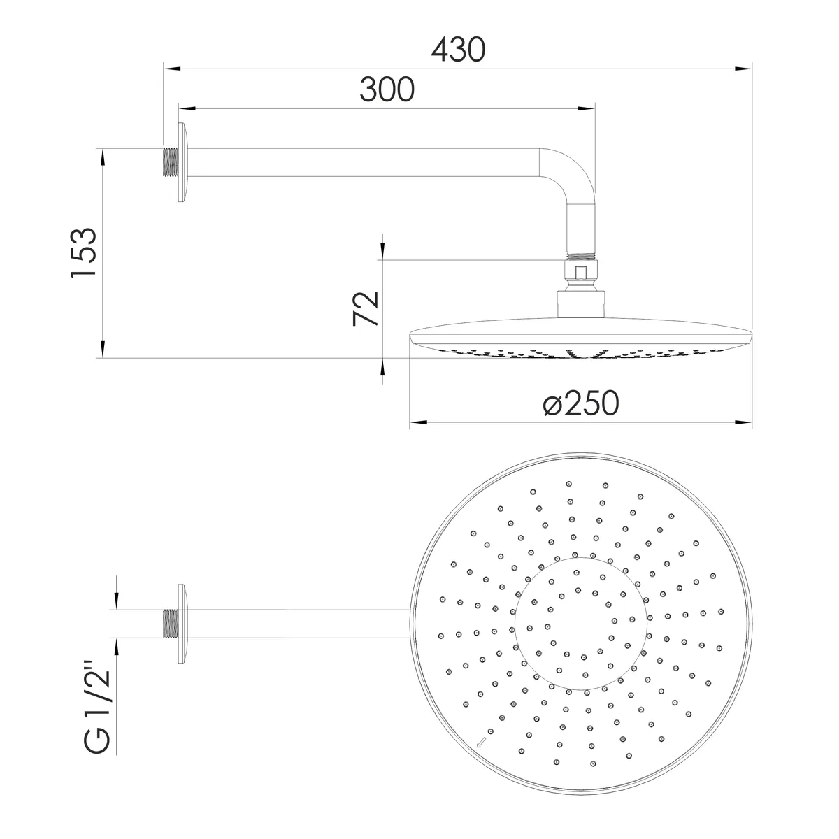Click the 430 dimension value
point(458,50)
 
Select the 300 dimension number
point(387,89)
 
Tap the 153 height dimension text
point(84,252)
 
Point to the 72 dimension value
point(366,309)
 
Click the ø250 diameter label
point(581,403)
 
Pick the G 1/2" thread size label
point(97,708)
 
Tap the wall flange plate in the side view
point(183,163)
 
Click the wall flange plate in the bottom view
point(183,624)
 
